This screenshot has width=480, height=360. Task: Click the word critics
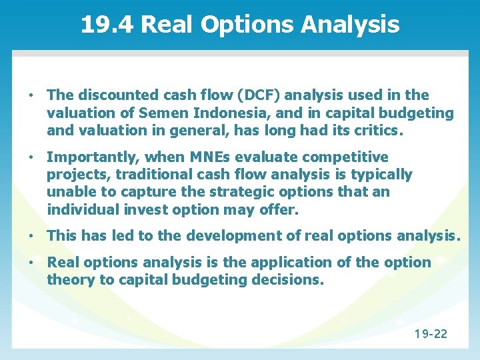379,131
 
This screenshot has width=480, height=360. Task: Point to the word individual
83,209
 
